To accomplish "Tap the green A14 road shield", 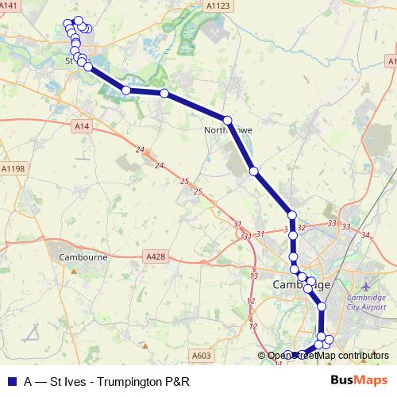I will (x=79, y=125).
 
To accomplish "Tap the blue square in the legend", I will (x=12, y=380).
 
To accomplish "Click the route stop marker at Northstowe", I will (x=228, y=120).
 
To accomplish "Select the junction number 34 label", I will (x=364, y=235).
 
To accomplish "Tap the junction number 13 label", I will (x=254, y=275).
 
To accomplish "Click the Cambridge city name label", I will (x=300, y=283).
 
